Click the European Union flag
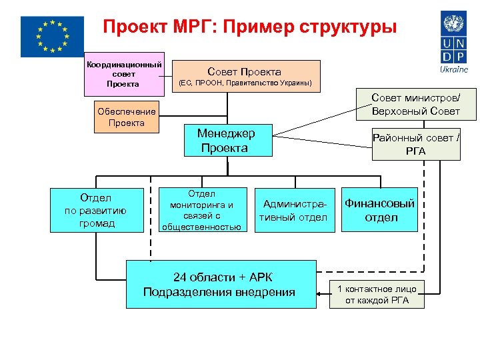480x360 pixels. [x=52, y=36]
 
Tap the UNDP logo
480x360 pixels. [x=454, y=36]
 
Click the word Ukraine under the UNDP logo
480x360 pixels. [x=454, y=69]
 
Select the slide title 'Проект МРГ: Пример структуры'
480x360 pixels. [x=249, y=27]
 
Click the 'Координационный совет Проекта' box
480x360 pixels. [x=124, y=74]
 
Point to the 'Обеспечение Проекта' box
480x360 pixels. [x=127, y=117]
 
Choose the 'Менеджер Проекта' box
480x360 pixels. [x=228, y=141]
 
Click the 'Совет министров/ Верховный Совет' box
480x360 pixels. [x=415, y=104]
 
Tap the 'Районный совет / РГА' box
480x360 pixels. [x=416, y=145]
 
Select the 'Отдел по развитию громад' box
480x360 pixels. [x=98, y=210]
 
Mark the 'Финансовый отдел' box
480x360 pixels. [x=379, y=210]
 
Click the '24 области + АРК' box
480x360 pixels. [x=221, y=284]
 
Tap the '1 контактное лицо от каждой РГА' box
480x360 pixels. [x=377, y=294]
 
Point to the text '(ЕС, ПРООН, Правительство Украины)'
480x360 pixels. [x=244, y=84]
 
